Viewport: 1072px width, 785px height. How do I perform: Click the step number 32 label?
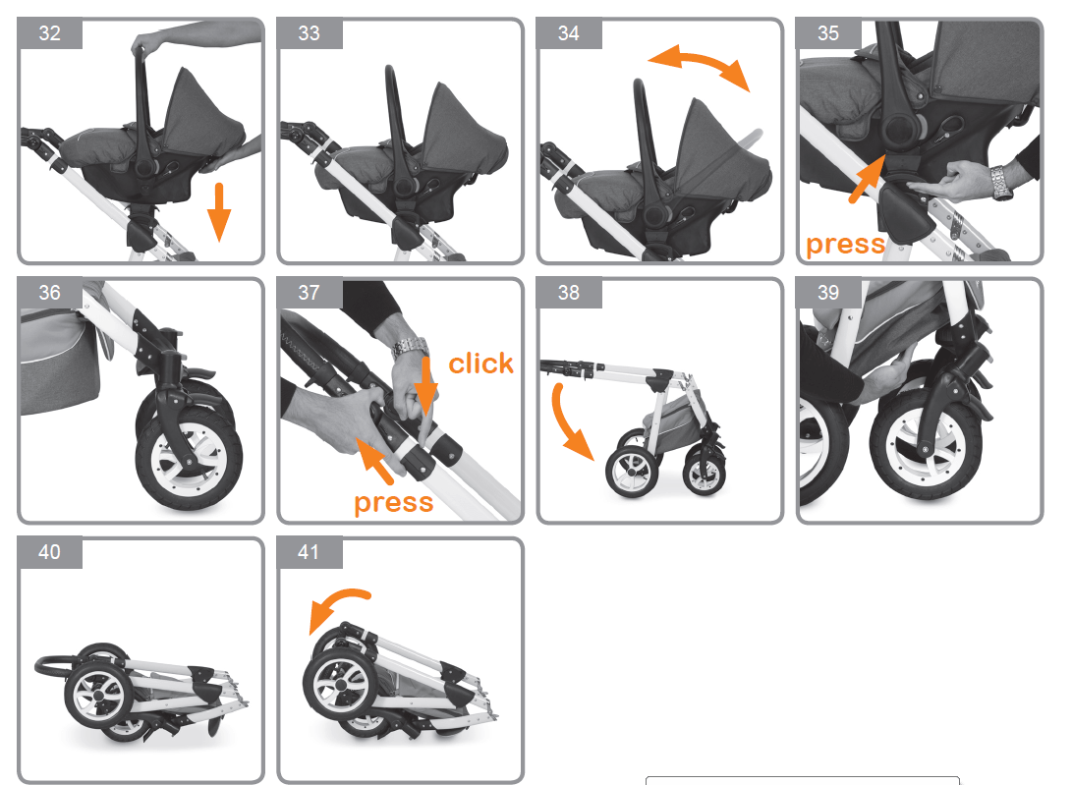[x=49, y=33]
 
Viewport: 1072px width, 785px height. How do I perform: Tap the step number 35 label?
[x=828, y=33]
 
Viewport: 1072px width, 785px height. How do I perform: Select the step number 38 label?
[x=568, y=293]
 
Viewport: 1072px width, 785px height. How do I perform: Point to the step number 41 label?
[x=309, y=552]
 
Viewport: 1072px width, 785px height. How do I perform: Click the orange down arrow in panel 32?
[x=219, y=212]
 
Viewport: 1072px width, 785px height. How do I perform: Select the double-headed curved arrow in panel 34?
[x=699, y=67]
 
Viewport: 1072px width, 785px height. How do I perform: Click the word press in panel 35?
[x=846, y=244]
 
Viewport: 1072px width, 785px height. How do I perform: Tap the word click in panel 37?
[x=480, y=364]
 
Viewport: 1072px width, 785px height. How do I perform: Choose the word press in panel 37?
[x=394, y=503]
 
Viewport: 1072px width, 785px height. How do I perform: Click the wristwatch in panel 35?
[x=1001, y=183]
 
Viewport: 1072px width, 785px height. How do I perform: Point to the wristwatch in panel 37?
[x=410, y=347]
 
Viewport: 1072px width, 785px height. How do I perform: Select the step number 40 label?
[x=49, y=552]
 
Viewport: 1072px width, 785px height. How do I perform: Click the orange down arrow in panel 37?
[x=425, y=386]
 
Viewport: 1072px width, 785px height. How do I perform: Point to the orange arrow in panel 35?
[x=867, y=179]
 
